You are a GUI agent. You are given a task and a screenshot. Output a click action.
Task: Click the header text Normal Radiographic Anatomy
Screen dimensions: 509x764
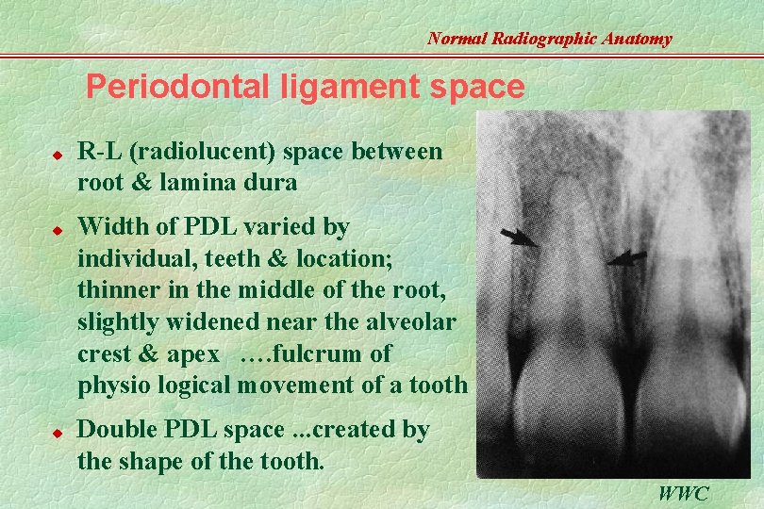(x=549, y=39)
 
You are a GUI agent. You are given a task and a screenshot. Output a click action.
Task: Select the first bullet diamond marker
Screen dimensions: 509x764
(x=57, y=151)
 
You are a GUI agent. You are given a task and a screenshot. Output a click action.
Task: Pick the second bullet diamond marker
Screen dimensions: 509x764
(x=57, y=228)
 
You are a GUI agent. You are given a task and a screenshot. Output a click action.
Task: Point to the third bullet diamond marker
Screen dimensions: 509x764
(x=57, y=432)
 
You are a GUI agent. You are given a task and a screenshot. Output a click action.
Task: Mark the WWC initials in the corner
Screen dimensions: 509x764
(x=684, y=493)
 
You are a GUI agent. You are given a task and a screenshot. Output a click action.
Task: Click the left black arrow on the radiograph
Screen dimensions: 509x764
(x=518, y=238)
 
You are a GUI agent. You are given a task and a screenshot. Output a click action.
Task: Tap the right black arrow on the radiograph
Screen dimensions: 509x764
(x=626, y=256)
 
